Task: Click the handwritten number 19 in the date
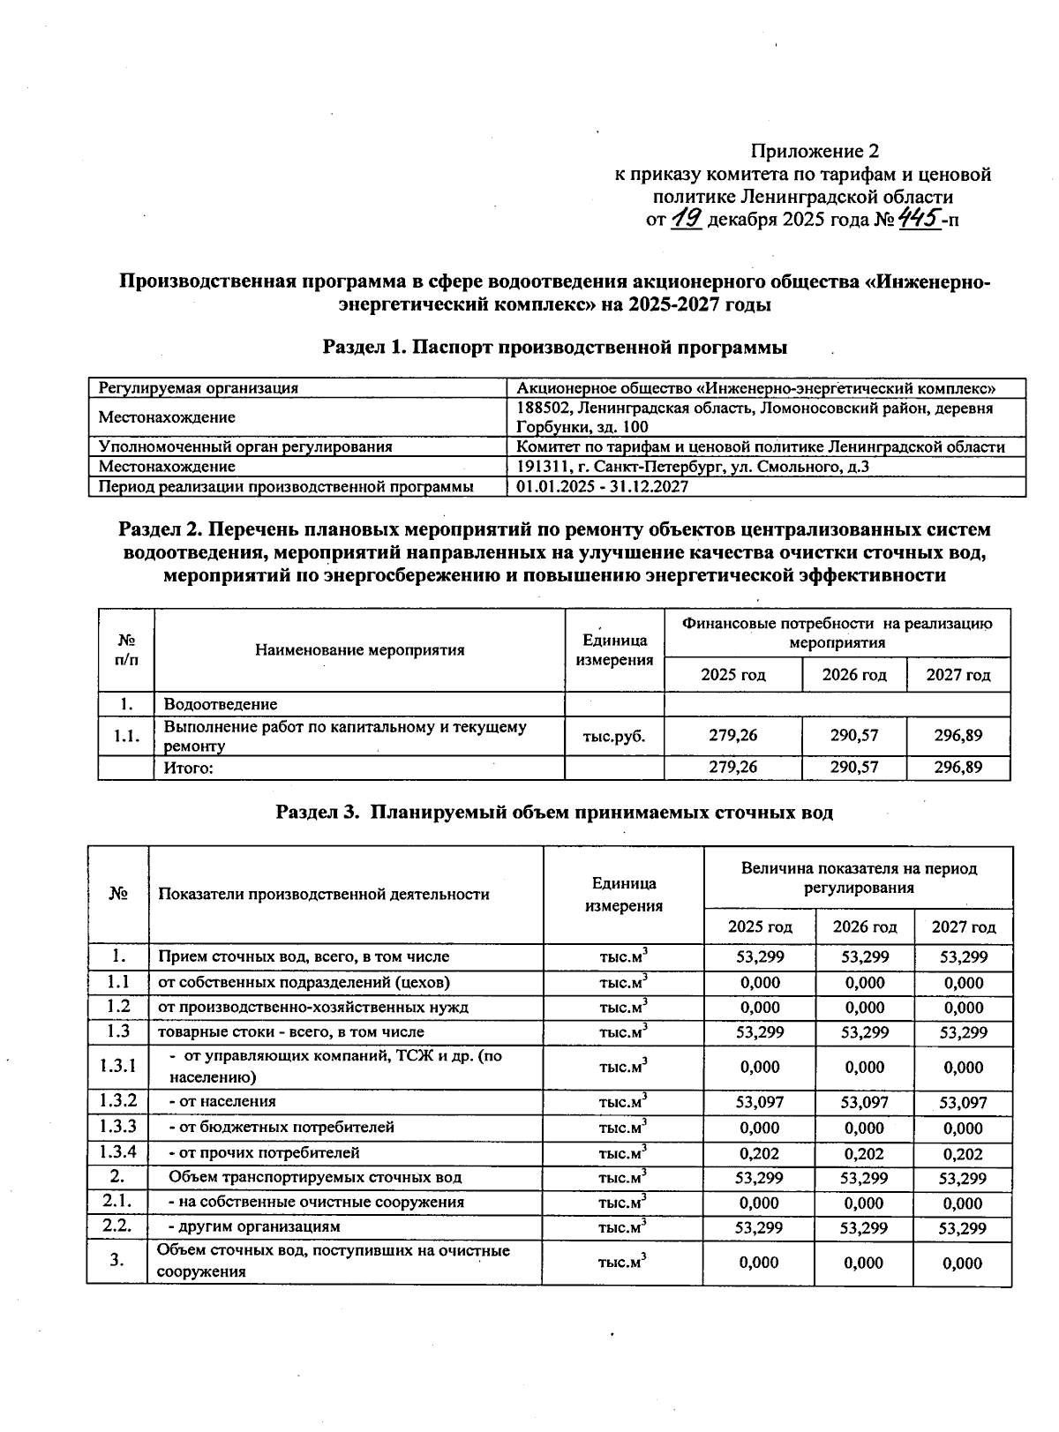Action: (686, 218)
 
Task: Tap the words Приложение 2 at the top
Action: (815, 151)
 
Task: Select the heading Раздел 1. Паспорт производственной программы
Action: (555, 348)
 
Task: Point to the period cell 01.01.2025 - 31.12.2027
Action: (602, 486)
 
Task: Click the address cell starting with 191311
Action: (693, 467)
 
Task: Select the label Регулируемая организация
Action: (199, 388)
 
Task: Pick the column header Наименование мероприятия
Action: (359, 650)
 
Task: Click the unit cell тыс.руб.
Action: (614, 735)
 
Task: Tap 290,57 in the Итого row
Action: (854, 768)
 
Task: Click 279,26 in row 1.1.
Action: (732, 735)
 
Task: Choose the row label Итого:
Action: (190, 768)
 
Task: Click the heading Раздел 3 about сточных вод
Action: (554, 812)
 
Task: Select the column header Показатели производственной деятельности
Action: (324, 894)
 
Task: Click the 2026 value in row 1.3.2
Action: (864, 1101)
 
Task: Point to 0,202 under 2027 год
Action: (963, 1153)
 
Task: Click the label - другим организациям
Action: (254, 1226)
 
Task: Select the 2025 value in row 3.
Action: (759, 1263)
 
